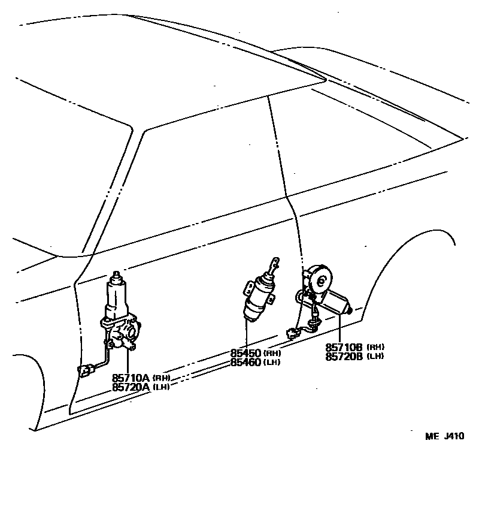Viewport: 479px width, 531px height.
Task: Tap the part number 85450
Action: point(245,353)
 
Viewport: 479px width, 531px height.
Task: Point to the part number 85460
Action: point(245,361)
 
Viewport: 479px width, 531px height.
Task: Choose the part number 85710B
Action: point(344,347)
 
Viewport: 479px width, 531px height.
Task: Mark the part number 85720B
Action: point(344,356)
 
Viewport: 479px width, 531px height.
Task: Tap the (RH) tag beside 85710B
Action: point(375,347)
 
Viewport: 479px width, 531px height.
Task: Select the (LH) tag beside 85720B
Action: point(375,356)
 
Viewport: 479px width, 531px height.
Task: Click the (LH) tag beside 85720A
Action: point(161,387)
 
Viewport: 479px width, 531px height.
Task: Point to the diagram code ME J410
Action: point(444,436)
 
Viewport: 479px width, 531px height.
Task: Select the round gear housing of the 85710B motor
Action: point(322,279)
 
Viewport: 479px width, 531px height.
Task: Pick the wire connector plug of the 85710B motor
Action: point(292,332)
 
